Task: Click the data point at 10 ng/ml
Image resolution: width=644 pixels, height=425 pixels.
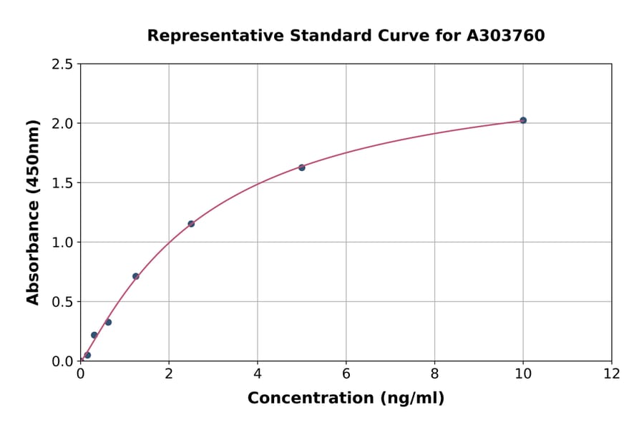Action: pyautogui.click(x=523, y=120)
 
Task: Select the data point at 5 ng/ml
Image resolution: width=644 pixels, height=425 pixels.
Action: pyautogui.click(x=302, y=167)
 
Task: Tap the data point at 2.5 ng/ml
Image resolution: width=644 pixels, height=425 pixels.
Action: pyautogui.click(x=191, y=224)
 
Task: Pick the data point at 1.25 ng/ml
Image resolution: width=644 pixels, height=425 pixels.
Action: pyautogui.click(x=136, y=276)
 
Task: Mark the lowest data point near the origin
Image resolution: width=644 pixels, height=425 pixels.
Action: pyautogui.click(x=87, y=355)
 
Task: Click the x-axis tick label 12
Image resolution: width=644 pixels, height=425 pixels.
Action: pyautogui.click(x=612, y=374)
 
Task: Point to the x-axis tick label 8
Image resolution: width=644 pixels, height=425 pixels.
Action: pyautogui.click(x=434, y=374)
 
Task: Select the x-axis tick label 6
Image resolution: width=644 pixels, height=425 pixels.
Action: pyautogui.click(x=346, y=374)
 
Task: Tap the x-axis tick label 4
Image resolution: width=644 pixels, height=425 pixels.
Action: pyautogui.click(x=258, y=374)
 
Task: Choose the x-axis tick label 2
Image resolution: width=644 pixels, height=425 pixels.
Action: pyautogui.click(x=169, y=374)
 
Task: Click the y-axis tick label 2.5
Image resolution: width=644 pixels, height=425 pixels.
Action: pyautogui.click(x=62, y=64)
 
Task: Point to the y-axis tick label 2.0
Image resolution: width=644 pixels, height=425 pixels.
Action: pyautogui.click(x=62, y=124)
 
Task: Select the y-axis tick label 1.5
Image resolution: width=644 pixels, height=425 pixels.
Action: pyautogui.click(x=62, y=183)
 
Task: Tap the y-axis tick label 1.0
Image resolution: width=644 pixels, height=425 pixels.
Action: pyautogui.click(x=62, y=243)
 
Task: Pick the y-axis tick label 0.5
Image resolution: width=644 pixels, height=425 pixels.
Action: pyautogui.click(x=62, y=302)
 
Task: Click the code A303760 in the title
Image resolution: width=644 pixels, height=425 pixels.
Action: pyautogui.click(x=505, y=36)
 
